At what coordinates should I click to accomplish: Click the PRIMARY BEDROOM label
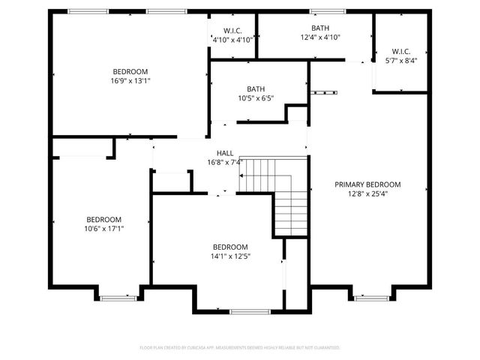click(367, 184)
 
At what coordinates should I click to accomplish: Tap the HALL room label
click(225, 153)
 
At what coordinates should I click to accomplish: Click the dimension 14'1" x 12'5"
click(229, 256)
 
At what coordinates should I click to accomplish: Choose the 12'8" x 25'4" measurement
click(367, 193)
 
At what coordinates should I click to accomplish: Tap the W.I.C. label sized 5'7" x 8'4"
click(400, 52)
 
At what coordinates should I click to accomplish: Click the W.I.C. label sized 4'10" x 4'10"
click(232, 30)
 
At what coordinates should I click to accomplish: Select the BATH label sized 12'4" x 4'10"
click(315, 28)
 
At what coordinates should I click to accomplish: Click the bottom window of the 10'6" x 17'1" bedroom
click(118, 298)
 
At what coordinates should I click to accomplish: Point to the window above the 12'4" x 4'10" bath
click(322, 10)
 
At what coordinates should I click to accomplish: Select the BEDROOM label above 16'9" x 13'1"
click(130, 71)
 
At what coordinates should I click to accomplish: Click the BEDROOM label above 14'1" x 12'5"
click(229, 247)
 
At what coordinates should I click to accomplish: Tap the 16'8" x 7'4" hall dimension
click(225, 162)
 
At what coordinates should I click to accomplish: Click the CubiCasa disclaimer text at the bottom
click(240, 348)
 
